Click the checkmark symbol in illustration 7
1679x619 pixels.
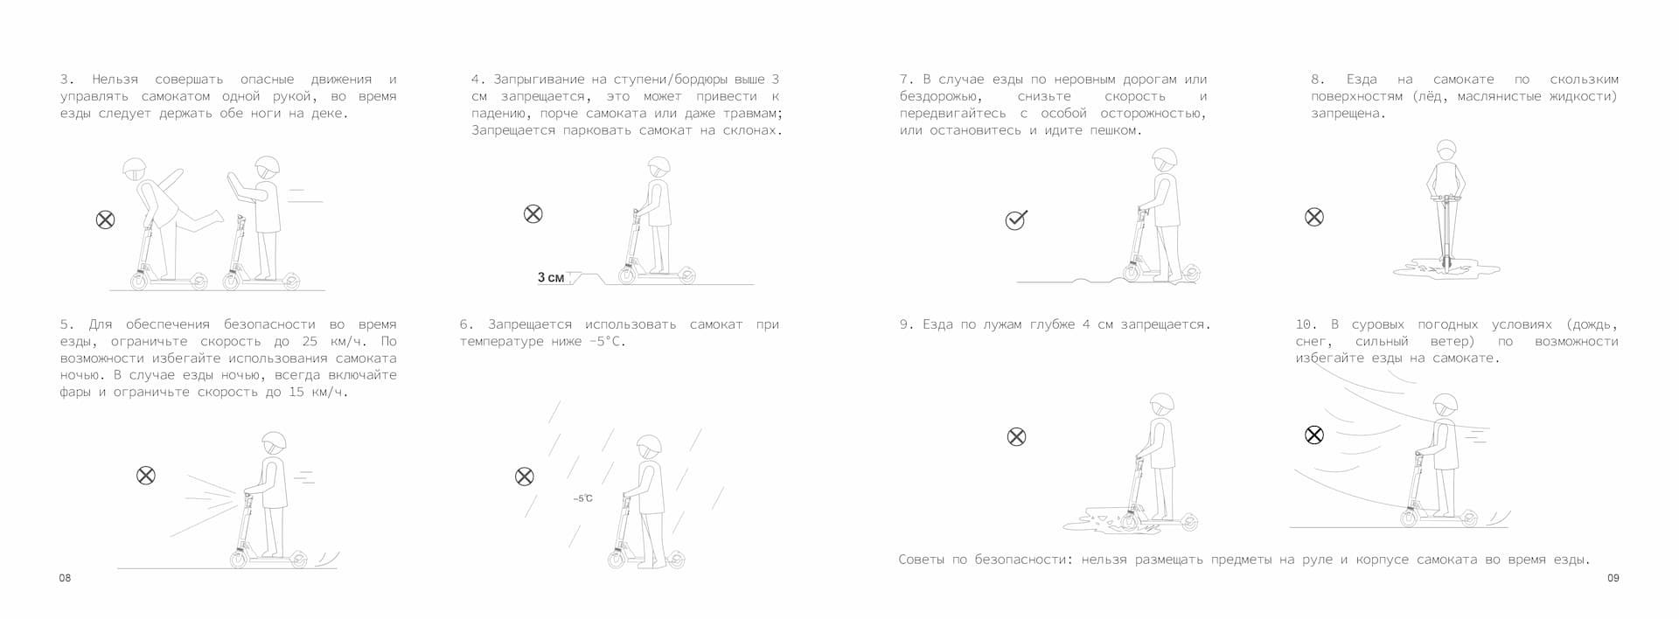1015,219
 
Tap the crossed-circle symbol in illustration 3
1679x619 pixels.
105,219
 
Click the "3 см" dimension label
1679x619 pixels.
551,277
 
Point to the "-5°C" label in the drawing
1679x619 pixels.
582,498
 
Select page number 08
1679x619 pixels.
65,578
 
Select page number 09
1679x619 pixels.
1613,578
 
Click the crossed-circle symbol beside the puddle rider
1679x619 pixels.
1016,436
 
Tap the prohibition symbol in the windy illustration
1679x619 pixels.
1313,435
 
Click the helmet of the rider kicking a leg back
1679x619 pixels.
135,169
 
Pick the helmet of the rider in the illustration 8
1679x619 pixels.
1446,150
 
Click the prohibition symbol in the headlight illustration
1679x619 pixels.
146,475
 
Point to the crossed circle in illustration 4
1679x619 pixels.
533,213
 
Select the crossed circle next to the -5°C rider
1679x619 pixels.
524,476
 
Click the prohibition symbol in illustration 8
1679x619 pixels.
1313,217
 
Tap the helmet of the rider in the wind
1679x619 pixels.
1446,405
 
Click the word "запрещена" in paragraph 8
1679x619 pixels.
1348,114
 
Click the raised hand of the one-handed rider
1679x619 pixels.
233,184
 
